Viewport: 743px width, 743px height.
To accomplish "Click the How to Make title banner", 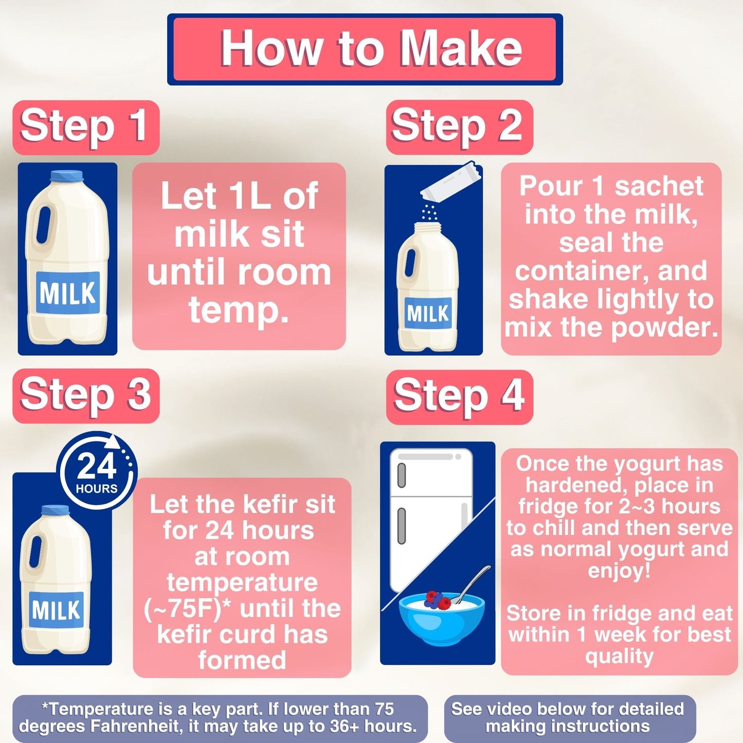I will point(365,49).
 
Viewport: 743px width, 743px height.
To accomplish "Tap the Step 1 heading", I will point(85,127).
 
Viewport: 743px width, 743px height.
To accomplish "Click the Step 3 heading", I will point(85,395).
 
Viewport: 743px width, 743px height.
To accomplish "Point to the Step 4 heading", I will point(459,396).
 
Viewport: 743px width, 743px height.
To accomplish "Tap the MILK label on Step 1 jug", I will point(67,293).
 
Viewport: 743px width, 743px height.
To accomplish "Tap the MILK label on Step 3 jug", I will point(56,610).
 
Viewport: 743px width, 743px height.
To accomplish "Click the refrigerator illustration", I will point(431,514).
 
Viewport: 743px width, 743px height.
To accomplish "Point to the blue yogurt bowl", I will point(441,622).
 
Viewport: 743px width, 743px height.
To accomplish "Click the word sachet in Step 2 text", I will point(659,186).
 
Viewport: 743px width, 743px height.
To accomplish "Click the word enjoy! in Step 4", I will point(619,570).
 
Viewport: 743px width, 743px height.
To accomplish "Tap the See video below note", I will point(568,717).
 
